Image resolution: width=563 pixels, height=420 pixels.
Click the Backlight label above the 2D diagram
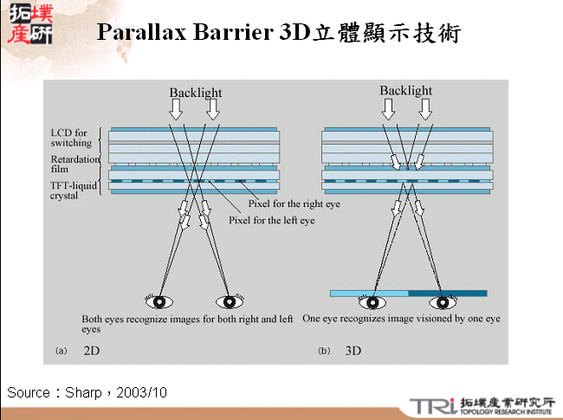coord(196,93)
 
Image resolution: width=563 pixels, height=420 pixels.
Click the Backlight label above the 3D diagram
coord(406,90)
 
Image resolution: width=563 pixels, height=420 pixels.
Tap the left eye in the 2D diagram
coord(161,302)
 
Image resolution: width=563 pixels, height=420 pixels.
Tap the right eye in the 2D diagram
coord(230,302)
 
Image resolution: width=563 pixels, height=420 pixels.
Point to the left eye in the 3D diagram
coord(373,303)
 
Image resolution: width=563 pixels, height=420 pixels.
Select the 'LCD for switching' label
coord(69,137)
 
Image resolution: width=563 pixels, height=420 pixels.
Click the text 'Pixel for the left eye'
coord(271,221)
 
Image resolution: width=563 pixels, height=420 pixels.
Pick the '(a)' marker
coord(61,352)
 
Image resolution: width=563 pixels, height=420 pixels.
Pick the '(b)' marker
coord(324,352)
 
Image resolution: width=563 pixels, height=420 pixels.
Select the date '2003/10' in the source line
coord(142,393)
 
